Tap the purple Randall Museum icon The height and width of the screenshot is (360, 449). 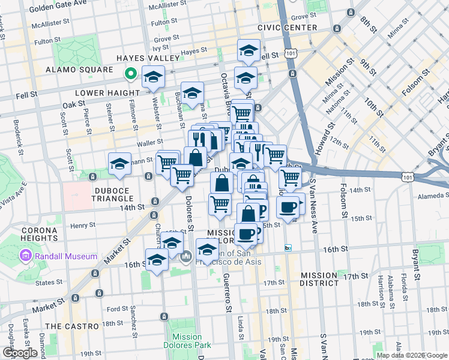coord(25,256)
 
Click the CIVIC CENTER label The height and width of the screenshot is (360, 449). coord(287,28)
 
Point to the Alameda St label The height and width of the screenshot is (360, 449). coord(429,196)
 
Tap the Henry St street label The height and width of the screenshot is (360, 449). coord(83,226)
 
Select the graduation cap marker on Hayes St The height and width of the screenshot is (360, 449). coord(248,51)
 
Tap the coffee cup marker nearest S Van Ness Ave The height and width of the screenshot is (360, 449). coord(288,207)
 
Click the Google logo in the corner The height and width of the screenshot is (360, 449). coord(20,353)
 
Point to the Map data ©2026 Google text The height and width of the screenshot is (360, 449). coord(411,355)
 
